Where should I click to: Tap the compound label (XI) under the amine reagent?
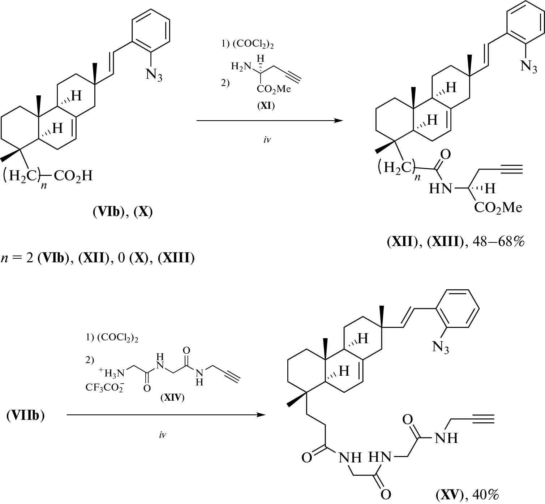266,106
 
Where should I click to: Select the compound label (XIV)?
172,398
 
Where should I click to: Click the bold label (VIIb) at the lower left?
25,415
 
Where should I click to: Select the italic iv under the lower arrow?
163,435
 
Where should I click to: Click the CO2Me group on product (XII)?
498,207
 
